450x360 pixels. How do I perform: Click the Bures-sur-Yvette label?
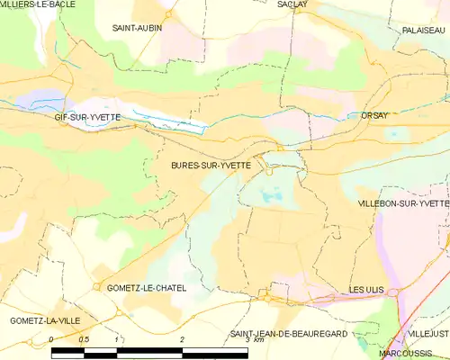pos(218,166)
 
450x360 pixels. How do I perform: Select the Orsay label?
pos(373,116)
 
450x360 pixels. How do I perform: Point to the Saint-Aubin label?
pos(137,28)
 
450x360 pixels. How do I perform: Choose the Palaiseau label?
pos(424,30)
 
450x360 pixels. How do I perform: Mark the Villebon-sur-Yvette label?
pos(404,204)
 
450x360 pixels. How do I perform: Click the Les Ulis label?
pos(367,289)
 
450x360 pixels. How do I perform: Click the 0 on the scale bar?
pos(51,339)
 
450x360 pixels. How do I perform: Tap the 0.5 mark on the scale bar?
pos(84,339)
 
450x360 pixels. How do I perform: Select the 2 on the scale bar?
pos(183,339)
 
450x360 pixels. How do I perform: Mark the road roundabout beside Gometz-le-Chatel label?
pos(96,287)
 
